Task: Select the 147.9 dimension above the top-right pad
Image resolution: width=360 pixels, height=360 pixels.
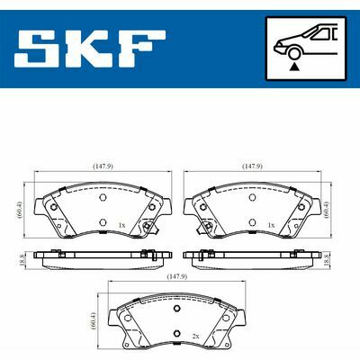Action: [252, 165]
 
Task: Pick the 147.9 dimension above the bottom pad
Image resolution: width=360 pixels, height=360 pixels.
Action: [175, 277]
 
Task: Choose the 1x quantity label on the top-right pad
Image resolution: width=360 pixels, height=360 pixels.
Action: [271, 223]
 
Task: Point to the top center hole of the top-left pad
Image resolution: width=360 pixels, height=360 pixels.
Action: [102, 197]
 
